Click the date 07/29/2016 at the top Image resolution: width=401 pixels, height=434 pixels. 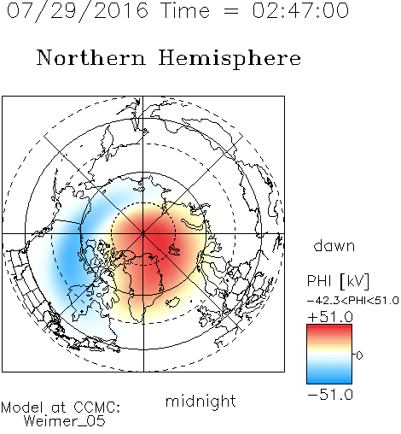[x=78, y=11]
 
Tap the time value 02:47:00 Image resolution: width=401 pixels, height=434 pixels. [x=300, y=10]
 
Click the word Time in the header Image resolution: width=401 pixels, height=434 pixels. [x=185, y=10]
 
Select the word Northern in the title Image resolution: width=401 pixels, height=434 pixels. [x=91, y=57]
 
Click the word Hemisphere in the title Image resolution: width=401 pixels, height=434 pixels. [x=230, y=58]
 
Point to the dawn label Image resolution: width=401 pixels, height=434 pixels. [x=334, y=245]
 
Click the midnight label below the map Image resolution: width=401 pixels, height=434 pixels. [x=200, y=401]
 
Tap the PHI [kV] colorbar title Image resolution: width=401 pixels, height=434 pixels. [x=338, y=281]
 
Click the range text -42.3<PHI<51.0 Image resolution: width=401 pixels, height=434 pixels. [x=353, y=301]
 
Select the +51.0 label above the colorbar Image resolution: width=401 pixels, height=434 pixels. [x=330, y=317]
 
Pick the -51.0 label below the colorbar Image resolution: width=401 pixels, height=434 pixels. [x=330, y=395]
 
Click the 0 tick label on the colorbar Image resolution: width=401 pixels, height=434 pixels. [x=359, y=355]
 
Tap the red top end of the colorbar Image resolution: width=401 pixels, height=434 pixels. [x=329, y=326]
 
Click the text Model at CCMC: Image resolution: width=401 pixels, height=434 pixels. [x=61, y=408]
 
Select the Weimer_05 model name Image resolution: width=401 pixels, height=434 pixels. [x=65, y=421]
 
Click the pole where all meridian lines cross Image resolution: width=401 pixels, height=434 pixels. [x=143, y=233]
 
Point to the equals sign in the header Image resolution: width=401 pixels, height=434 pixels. [x=230, y=11]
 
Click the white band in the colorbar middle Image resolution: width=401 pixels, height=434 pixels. [x=329, y=355]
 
